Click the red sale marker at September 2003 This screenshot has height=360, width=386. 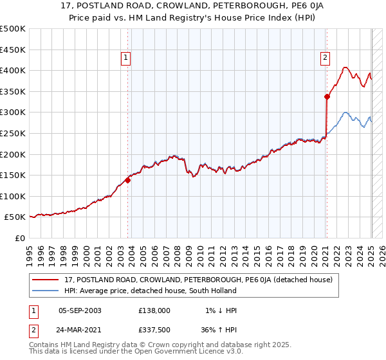pos(127,181)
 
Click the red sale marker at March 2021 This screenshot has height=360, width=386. pos(327,97)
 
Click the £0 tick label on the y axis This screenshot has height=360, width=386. pos(19,238)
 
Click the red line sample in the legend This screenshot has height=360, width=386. pos(46,280)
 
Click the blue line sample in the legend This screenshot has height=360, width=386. pos(46,291)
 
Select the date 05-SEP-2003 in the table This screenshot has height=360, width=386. pos(80,310)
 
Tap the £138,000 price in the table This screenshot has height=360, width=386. pos(154,310)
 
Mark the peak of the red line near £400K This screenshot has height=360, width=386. pos(345,67)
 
